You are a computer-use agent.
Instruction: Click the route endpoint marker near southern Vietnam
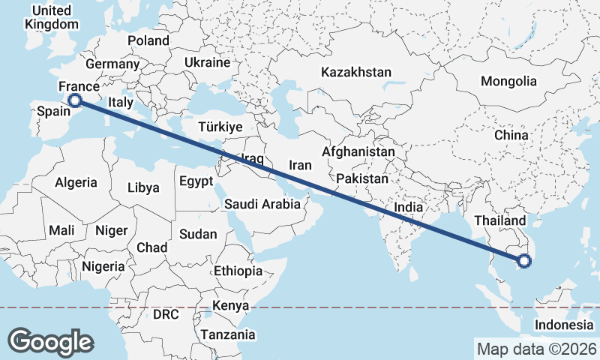coord(523,261)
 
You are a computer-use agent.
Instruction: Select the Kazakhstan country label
coord(356,73)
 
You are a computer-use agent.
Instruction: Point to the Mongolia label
coord(509,81)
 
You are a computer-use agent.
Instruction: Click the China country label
coord(511,136)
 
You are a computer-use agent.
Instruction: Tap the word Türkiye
coord(220,127)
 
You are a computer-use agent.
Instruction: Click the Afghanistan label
coord(358,151)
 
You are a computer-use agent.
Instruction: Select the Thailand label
coord(500,221)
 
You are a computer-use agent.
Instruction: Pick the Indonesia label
coord(563,325)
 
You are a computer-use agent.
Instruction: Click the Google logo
coord(50,342)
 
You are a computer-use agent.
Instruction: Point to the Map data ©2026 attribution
coord(537,349)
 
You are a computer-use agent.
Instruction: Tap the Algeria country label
coord(76,182)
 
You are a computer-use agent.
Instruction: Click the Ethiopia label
coord(238,271)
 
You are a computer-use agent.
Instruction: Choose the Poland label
coord(148,40)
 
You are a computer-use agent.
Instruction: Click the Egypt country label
coord(196,181)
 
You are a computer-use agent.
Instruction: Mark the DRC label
coord(166,314)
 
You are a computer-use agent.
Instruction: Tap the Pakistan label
coord(362,179)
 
